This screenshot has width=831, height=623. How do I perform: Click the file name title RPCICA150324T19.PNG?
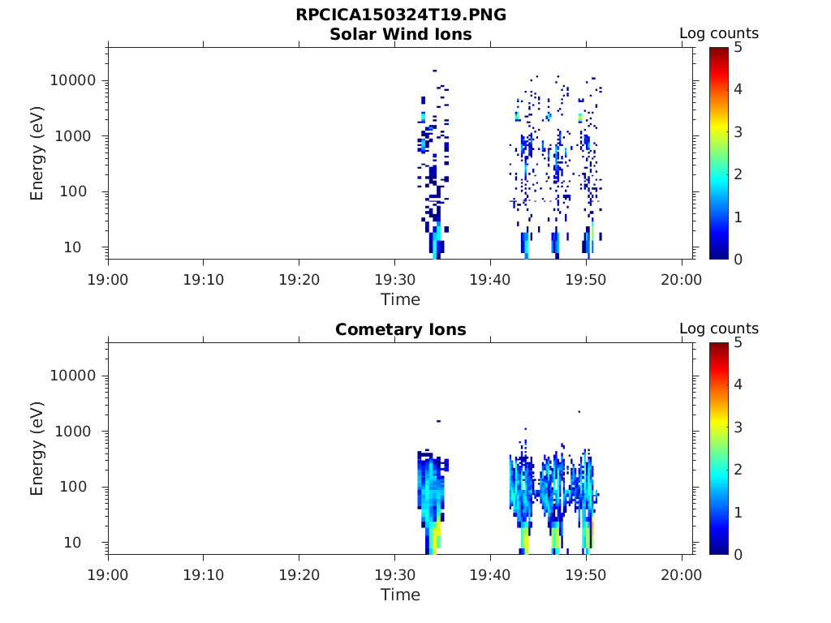tap(401, 15)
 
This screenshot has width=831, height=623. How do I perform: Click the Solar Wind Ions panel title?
tap(401, 34)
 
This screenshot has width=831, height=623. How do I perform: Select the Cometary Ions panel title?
tap(401, 329)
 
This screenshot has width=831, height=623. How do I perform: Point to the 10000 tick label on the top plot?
tap(74, 81)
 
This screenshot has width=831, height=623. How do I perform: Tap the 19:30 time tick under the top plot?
tap(394, 280)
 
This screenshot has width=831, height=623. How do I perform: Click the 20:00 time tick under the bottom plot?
tap(682, 575)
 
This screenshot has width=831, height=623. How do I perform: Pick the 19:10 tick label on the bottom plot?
tap(204, 575)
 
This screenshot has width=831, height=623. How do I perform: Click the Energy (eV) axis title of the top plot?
tap(37, 154)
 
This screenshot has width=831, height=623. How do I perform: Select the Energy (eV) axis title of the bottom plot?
tap(37, 449)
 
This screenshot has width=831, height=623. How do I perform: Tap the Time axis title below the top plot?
tap(401, 299)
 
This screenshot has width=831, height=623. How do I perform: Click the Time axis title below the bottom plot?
tap(401, 595)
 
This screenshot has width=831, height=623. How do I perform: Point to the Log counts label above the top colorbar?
tap(718, 34)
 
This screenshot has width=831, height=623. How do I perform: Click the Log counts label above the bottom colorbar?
tap(718, 329)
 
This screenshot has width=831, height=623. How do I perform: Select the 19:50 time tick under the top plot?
tap(586, 280)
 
